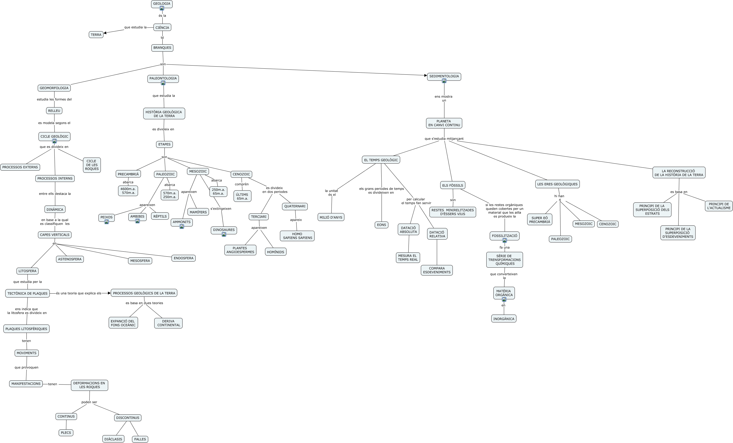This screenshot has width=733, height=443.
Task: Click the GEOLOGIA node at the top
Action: point(162,4)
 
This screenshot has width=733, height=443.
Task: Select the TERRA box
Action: point(96,35)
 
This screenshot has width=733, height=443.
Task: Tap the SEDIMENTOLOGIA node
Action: point(444,76)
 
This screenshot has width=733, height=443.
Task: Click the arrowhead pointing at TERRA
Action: point(105,33)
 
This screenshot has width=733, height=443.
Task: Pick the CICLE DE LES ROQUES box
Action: point(92,165)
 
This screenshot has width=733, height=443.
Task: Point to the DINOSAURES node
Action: point(224,230)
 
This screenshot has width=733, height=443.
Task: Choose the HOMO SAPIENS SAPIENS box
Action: point(297,236)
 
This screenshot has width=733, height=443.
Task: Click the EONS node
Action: point(381,225)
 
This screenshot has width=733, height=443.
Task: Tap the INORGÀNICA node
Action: point(504,318)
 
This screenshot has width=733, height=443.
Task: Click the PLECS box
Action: point(66,433)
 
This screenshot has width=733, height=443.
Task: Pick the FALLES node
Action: point(140,439)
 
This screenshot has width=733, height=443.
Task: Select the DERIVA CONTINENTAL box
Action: point(168,323)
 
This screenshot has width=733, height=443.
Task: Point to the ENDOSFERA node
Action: point(184,258)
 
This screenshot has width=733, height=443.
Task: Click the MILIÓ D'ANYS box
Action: point(331,217)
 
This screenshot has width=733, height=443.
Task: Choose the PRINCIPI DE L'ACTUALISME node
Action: point(719,206)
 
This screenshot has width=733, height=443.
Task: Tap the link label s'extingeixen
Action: point(221,209)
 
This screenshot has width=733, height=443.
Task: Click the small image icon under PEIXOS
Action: point(107,222)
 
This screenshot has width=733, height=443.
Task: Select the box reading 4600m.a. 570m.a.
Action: point(128,191)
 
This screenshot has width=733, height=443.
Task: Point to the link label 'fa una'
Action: point(505,247)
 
